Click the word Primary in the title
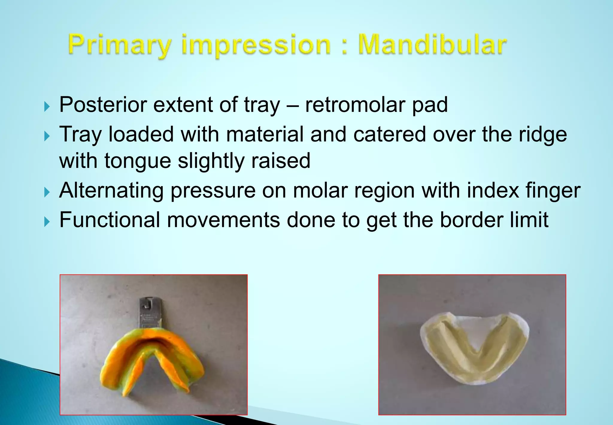[x=120, y=45]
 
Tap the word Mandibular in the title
[x=432, y=45]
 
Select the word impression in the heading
[x=256, y=45]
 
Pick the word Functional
[x=110, y=220]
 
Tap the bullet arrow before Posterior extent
[x=47, y=106]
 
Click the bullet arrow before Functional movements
[x=47, y=222]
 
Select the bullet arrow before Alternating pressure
[x=47, y=192]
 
